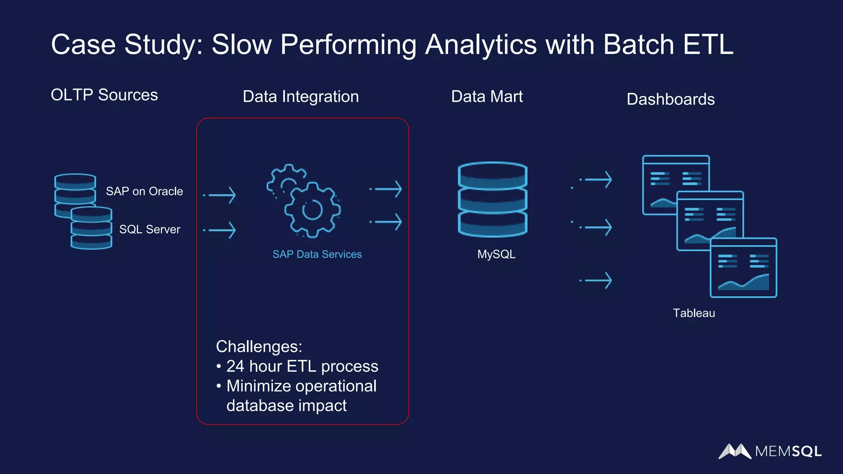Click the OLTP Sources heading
[104, 95]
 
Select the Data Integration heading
[300, 97]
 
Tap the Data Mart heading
[487, 97]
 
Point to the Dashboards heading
[670, 99]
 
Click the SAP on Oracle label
[144, 191]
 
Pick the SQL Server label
[149, 229]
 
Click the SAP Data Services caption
[317, 254]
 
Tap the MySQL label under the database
[496, 254]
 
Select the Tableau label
[694, 313]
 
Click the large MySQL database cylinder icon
[492, 200]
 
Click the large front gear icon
[312, 210]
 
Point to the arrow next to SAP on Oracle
[221, 195]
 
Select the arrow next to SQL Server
[221, 230]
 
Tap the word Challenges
[258, 346]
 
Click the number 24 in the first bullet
[235, 366]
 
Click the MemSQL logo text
[788, 451]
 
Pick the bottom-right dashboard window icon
[743, 268]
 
